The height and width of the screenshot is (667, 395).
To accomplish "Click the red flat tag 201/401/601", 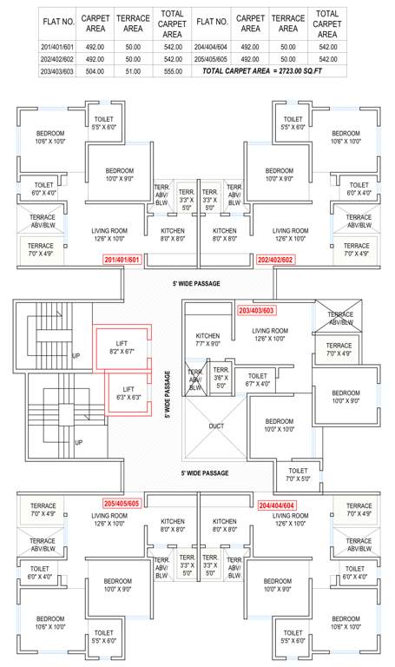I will (121, 259).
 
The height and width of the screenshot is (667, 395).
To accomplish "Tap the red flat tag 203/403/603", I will (256, 310).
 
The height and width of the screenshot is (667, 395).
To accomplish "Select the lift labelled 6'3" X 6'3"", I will (128, 393).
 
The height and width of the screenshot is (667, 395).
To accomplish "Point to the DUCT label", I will (217, 426).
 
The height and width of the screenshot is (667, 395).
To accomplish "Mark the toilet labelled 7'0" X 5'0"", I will (297, 474).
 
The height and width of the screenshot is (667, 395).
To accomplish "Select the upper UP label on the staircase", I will (76, 356).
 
